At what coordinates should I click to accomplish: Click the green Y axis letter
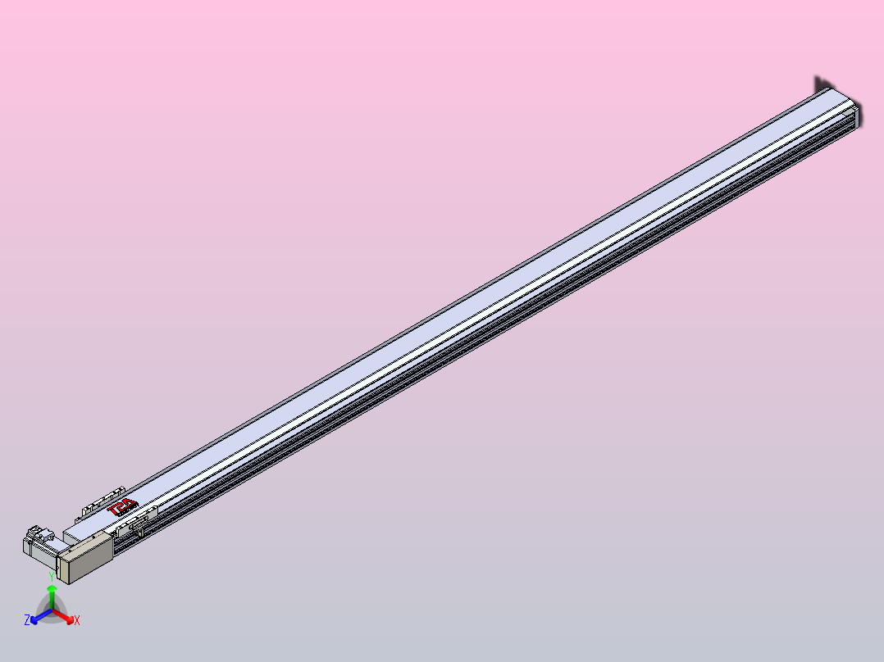[52, 577]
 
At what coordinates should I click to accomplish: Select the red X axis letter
[77, 621]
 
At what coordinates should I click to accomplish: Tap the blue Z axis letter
[27, 621]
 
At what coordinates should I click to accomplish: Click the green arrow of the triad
[52, 590]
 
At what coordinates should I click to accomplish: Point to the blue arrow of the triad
[36, 619]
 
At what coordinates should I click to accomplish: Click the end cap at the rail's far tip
[859, 116]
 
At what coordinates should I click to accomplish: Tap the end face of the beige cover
[64, 567]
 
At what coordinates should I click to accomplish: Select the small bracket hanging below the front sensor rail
[141, 533]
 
